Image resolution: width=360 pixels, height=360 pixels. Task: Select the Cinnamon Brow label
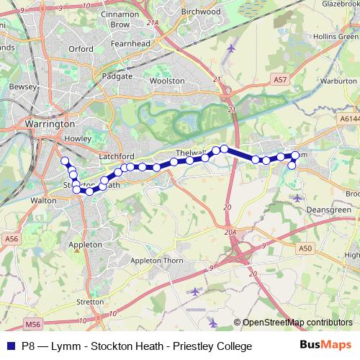pos(120,19)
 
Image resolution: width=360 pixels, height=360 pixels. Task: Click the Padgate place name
pos(118,76)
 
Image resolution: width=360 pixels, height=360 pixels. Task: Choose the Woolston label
pos(166,81)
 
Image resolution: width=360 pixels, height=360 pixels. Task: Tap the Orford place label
pos(81,49)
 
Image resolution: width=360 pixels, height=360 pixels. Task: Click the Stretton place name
pos(90,302)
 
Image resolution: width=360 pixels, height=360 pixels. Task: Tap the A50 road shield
pos(307,248)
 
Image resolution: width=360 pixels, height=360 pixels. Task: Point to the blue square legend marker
pos(11,346)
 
